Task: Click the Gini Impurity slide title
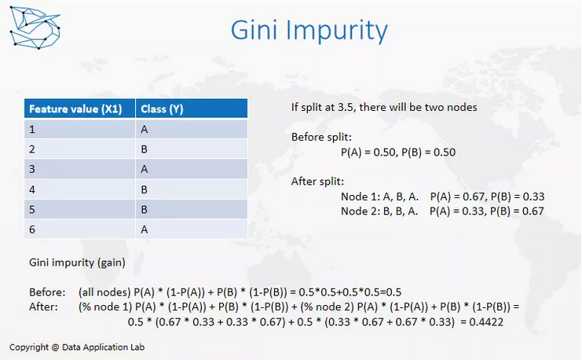click(x=309, y=30)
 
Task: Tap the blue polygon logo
click(x=35, y=28)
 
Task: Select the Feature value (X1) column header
click(x=80, y=108)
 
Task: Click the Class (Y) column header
click(x=192, y=108)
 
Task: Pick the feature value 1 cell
click(x=80, y=129)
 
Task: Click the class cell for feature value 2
click(x=192, y=149)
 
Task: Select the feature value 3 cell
click(x=80, y=169)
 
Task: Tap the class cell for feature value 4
click(x=192, y=189)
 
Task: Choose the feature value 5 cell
click(x=80, y=210)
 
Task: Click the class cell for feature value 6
click(x=192, y=230)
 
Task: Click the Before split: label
click(x=321, y=137)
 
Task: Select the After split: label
click(x=317, y=182)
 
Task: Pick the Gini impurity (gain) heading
click(x=77, y=263)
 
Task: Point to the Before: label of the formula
click(x=47, y=292)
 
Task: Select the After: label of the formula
click(x=43, y=307)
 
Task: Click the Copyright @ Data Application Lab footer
click(x=77, y=347)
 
